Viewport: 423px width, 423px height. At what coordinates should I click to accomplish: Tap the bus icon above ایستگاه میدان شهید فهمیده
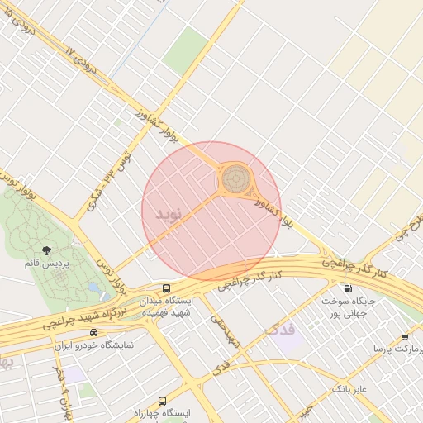pos(167,289)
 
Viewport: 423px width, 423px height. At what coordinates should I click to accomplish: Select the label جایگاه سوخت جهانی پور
pos(348,307)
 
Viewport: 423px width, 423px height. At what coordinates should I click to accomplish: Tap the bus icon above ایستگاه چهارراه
pos(161,397)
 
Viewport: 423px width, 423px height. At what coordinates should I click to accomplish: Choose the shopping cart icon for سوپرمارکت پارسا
pos(405,337)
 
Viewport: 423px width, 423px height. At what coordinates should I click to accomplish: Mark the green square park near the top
pos(186,50)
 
